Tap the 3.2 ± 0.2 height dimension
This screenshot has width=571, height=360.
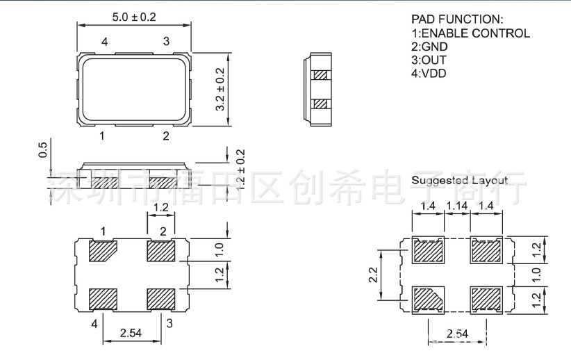click(x=221, y=90)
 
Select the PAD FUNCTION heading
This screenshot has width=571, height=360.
click(x=456, y=19)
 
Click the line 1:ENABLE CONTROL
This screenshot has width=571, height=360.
click(x=470, y=33)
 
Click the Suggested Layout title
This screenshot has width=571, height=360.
click(x=459, y=180)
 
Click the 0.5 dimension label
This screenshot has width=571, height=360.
click(x=42, y=150)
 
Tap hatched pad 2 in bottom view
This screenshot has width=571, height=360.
click(x=160, y=250)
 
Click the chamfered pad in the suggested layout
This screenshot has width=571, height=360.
click(x=429, y=298)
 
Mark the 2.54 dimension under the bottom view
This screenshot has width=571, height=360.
click(x=132, y=334)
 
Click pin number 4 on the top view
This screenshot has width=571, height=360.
click(x=104, y=42)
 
